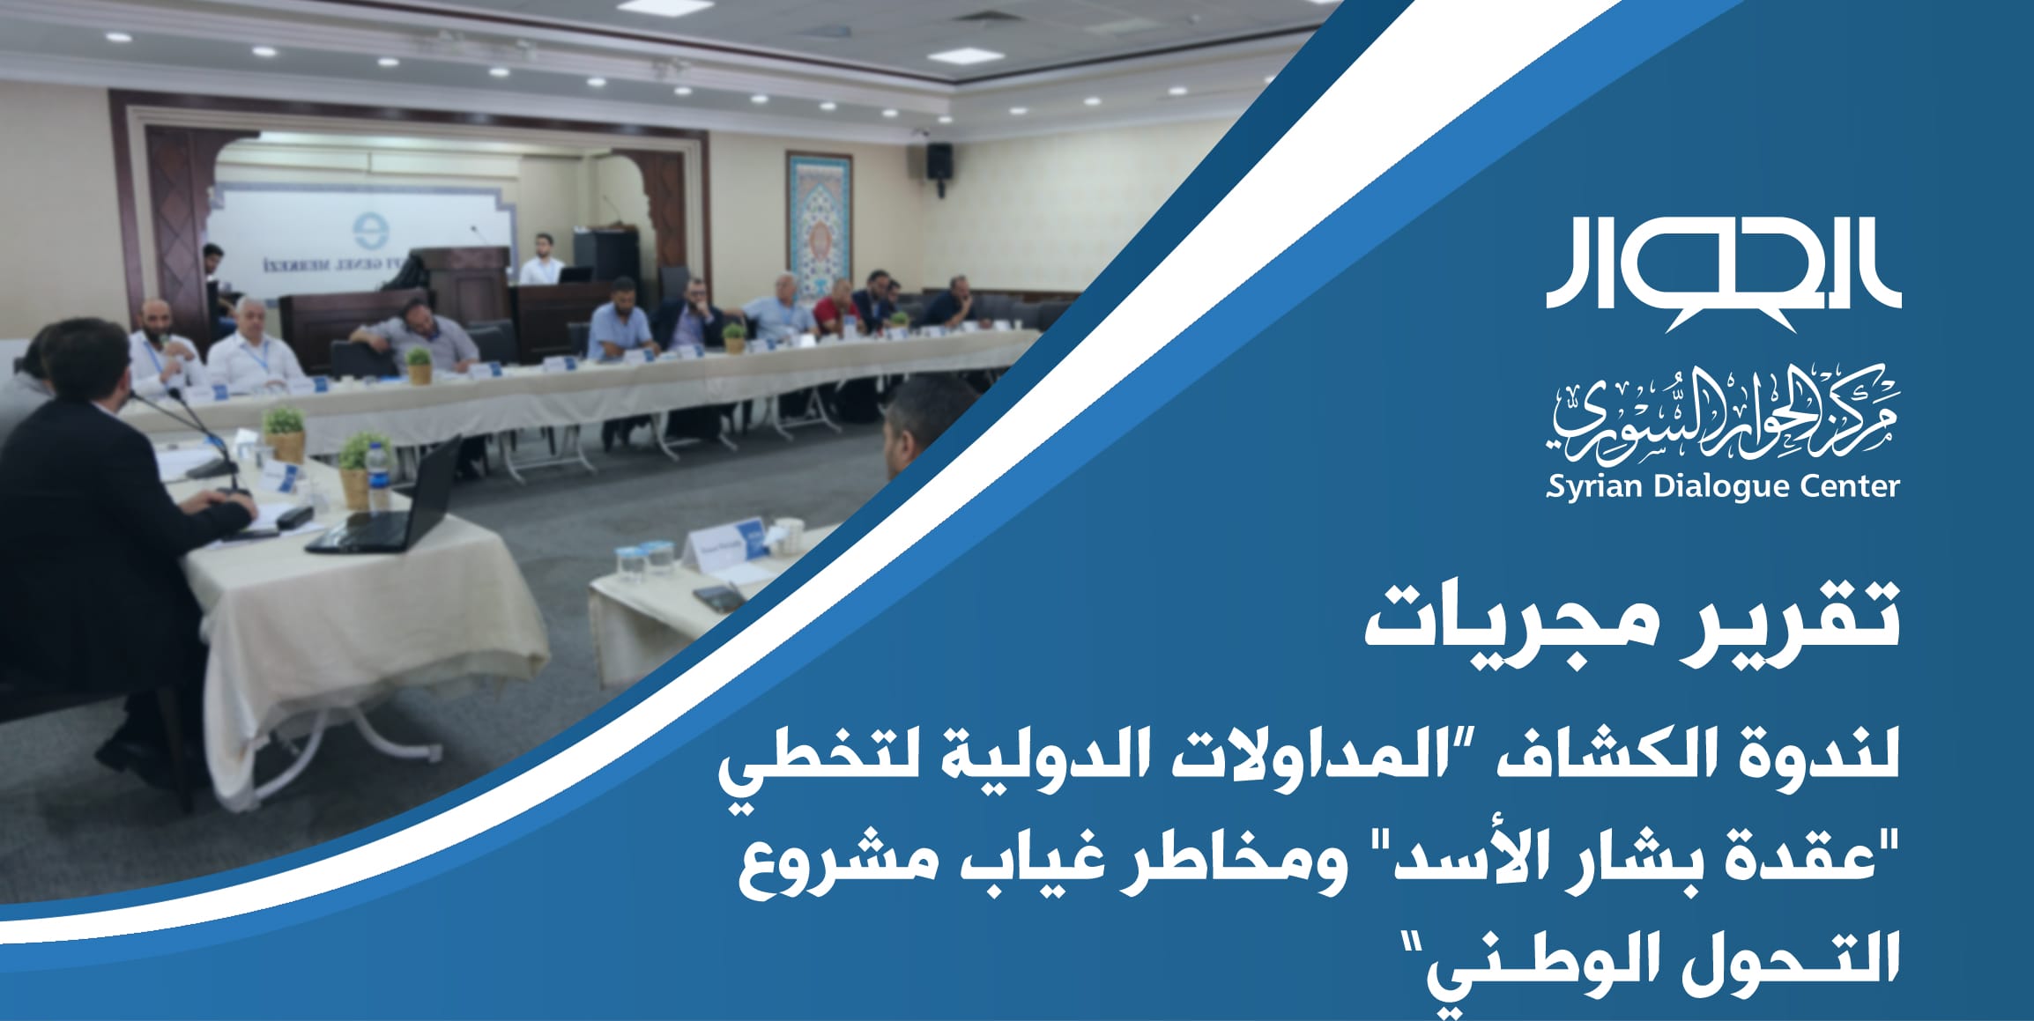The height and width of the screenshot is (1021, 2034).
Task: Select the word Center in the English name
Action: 1847,487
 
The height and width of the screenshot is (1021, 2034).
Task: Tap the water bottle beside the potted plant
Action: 377,476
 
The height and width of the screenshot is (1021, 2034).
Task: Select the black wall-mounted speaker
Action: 939,161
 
